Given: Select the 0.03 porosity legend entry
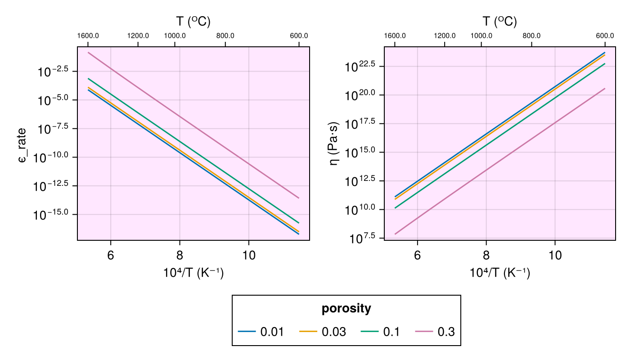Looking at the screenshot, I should tap(323, 332).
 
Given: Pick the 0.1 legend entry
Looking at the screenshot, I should tap(380, 332).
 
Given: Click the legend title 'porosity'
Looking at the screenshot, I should tap(346, 309).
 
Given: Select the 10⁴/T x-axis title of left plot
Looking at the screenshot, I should tap(193, 273).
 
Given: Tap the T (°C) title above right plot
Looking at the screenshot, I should tap(499, 21).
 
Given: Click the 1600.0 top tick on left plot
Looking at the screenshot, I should tap(88, 36).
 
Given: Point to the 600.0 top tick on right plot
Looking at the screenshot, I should tap(605, 36).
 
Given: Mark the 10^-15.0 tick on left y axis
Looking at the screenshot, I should tap(54, 214).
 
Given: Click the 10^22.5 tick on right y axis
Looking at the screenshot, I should tap(362, 66).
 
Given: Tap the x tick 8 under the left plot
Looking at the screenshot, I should tap(180, 255).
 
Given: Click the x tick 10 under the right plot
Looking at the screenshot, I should tap(555, 255).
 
